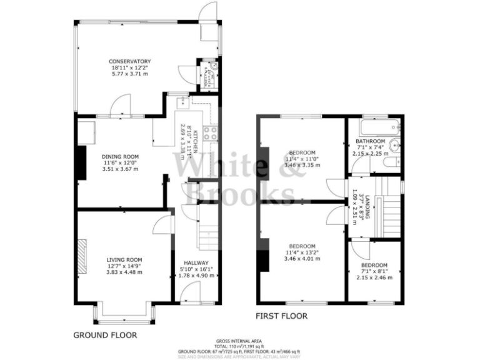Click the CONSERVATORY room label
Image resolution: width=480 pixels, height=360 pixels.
[x=130, y=61]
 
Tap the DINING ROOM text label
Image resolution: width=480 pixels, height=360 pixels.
[x=121, y=157]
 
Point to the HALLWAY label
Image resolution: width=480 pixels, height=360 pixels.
[x=196, y=263]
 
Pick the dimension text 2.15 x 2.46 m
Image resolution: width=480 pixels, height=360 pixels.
[x=374, y=277]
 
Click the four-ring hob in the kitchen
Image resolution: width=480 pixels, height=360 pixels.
[x=212, y=132]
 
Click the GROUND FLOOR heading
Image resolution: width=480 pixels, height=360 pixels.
[x=105, y=335]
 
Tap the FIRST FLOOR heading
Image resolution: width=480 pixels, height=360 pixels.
[x=282, y=316]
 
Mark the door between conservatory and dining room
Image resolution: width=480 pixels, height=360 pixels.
[x=121, y=109]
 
